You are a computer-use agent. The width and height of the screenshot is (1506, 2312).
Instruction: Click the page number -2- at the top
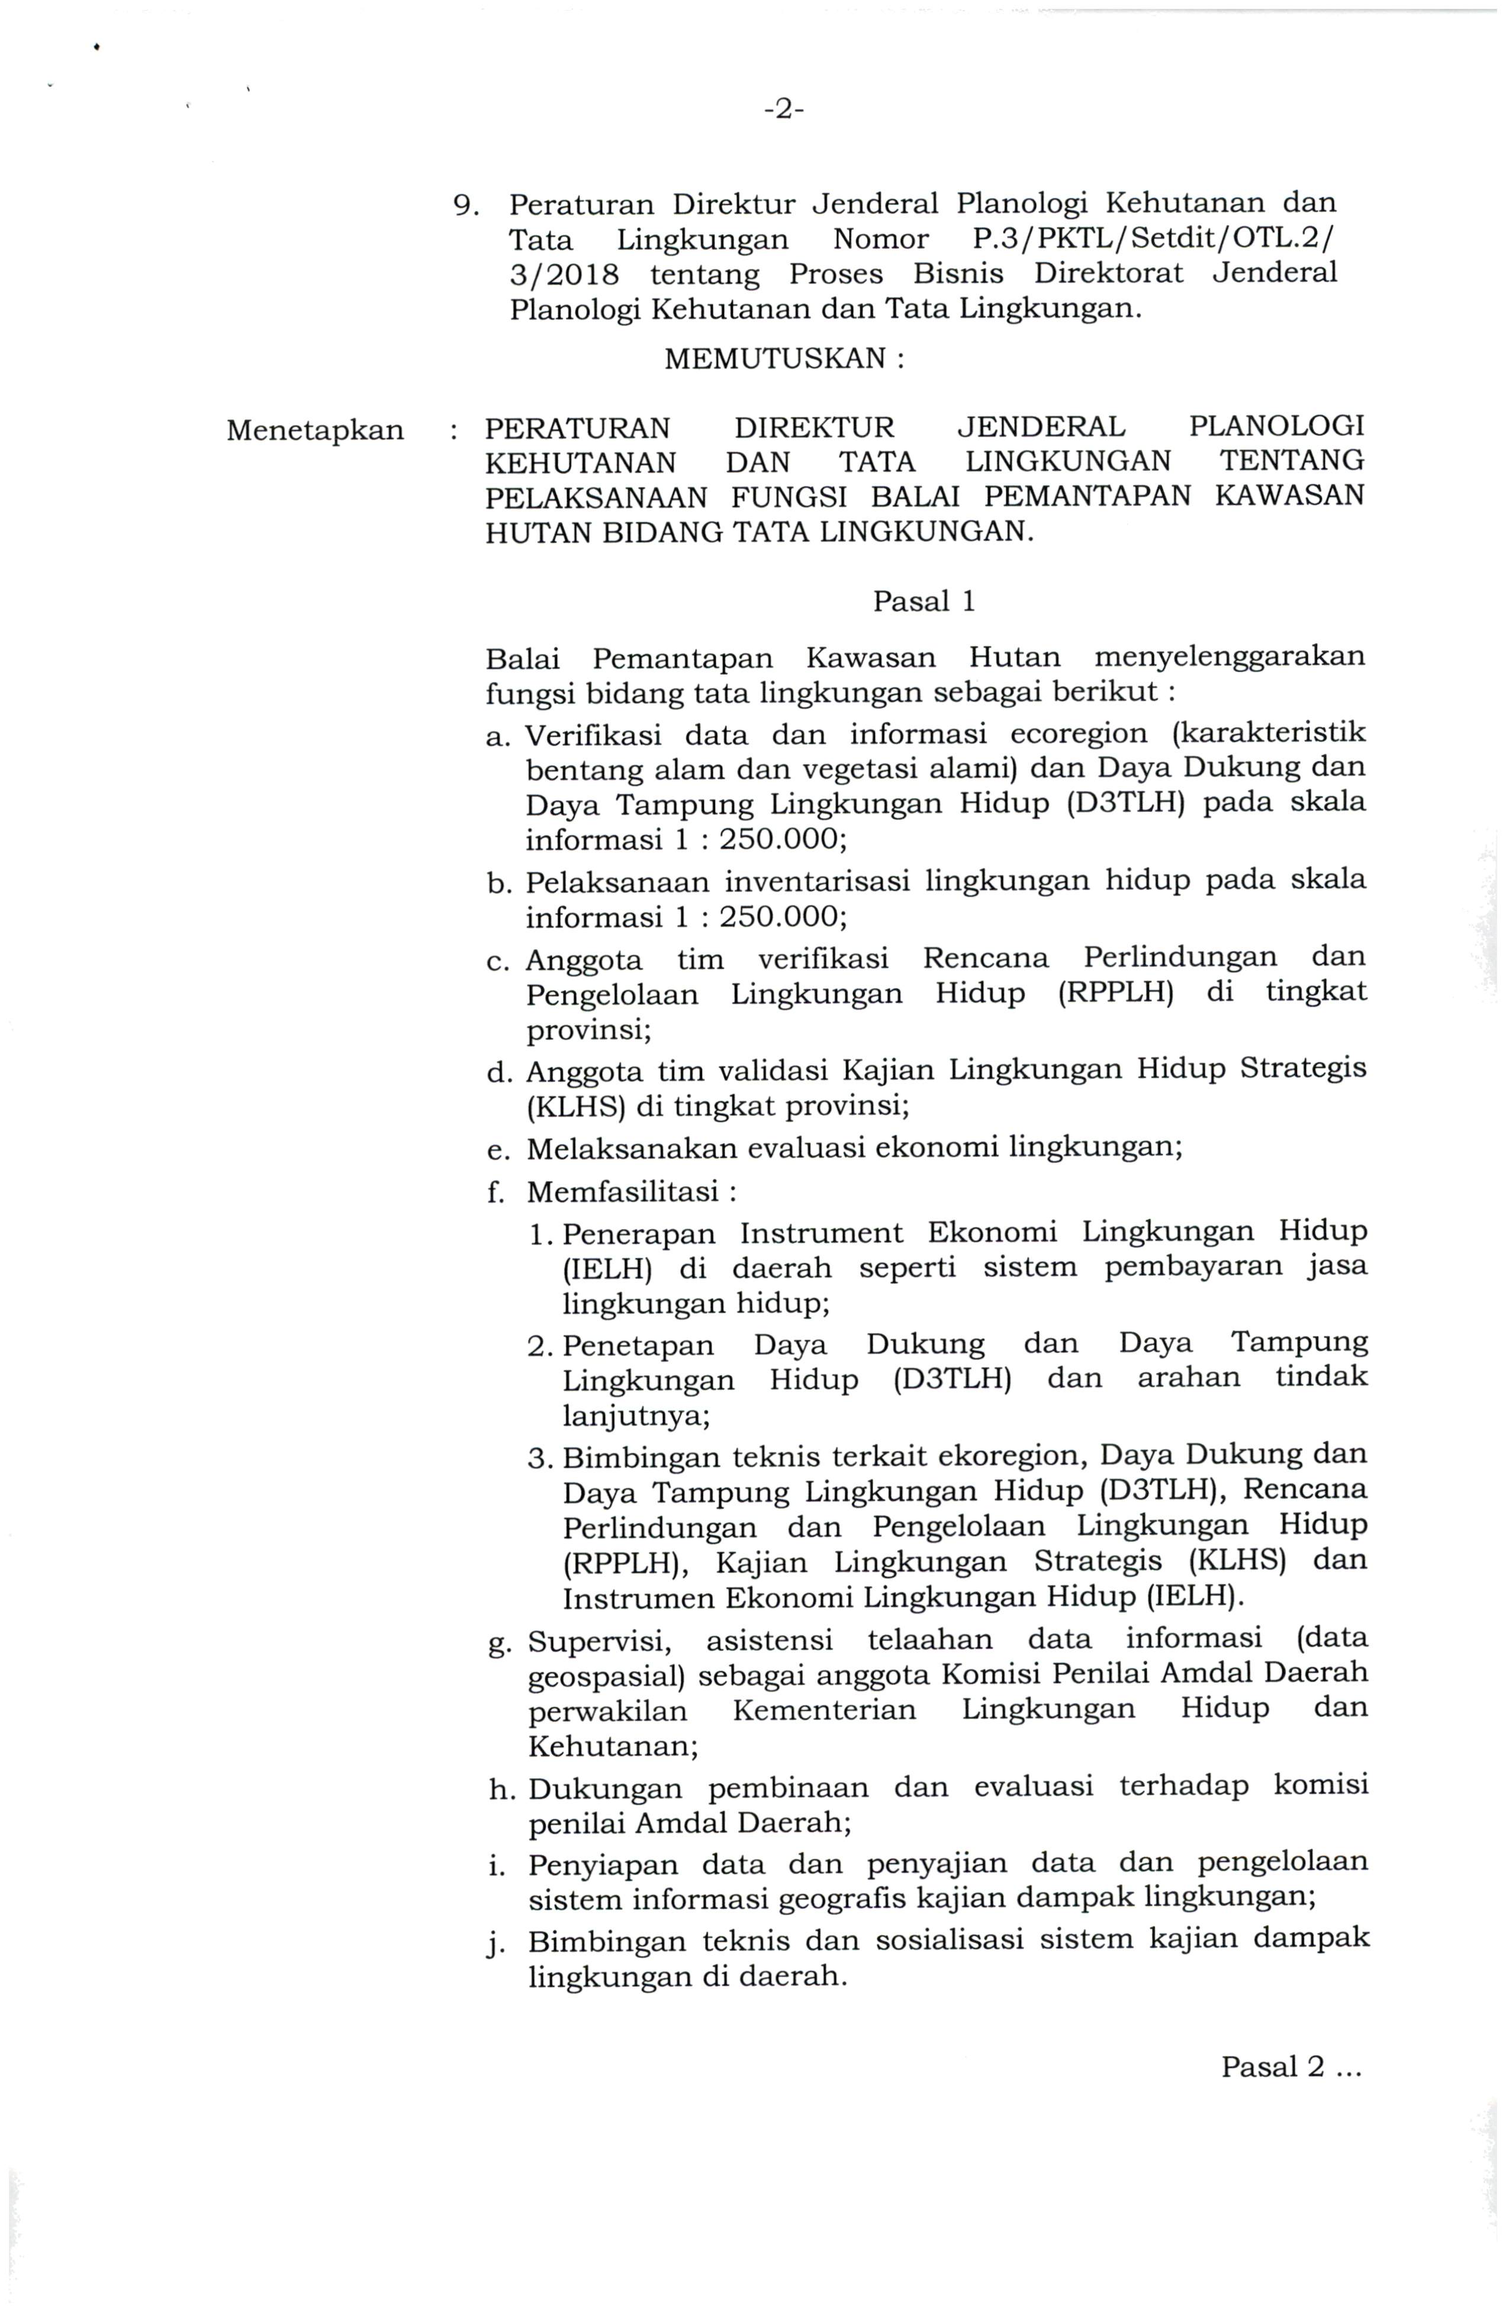783,111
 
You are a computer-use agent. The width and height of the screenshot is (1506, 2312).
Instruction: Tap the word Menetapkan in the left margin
315,430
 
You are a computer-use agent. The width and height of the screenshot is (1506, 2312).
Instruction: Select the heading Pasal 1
923,603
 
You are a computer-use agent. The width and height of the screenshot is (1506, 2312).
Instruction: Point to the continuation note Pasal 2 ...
1291,2066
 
